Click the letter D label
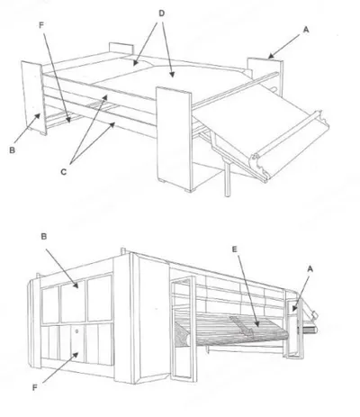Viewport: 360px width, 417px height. coord(161,14)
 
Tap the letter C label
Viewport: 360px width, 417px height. coord(63,172)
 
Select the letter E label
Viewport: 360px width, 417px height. coord(235,249)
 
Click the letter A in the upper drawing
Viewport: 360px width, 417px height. coord(306,30)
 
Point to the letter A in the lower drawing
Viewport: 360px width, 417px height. coord(310,269)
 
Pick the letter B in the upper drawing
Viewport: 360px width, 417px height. coord(12,150)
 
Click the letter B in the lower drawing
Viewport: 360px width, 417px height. coord(44,237)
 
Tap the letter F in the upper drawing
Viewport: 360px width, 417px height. coord(41,25)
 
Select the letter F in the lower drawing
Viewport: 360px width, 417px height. coord(35,387)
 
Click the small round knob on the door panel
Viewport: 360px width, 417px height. coord(77,331)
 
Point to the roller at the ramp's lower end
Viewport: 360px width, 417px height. coord(290,145)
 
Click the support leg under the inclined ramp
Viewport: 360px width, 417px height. coord(228,179)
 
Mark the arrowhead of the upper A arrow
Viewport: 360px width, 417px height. coord(270,56)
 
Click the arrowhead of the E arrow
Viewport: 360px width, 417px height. coord(256,324)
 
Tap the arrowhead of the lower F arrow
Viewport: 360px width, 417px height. coord(76,355)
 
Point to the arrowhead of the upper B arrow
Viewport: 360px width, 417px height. coord(37,115)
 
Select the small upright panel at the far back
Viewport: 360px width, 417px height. coord(121,49)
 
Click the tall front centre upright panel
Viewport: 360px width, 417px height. coord(174,139)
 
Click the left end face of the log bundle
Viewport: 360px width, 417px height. coord(183,334)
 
